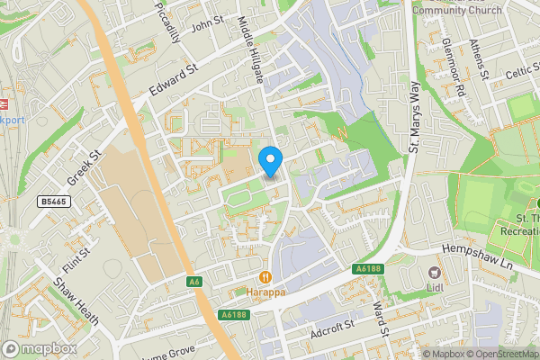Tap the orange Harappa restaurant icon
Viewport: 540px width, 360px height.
(265, 277)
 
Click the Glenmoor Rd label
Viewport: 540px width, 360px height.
(453, 67)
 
